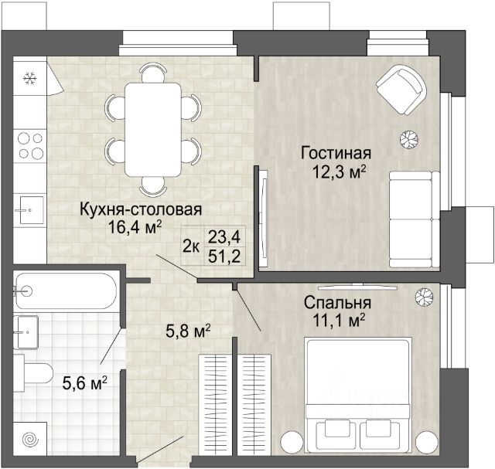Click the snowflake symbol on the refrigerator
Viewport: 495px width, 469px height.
coord(30,78)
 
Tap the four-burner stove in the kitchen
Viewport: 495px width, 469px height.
coord(30,146)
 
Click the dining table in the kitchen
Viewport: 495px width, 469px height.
coord(153,129)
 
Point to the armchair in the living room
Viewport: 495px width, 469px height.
coord(401,90)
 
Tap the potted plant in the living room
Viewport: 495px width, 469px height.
coord(409,139)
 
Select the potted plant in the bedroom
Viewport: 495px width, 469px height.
coord(424,297)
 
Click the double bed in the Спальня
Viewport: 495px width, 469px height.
coord(358,396)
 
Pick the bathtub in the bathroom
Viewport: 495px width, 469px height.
coord(66,291)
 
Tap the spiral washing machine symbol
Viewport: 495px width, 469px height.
coord(31,439)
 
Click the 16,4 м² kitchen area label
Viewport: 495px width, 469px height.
coord(135,226)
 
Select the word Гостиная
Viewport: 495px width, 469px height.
coord(336,153)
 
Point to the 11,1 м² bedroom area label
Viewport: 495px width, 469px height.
coord(339,321)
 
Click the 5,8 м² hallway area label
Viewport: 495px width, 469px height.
coord(188,331)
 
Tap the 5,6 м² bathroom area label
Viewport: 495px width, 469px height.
coord(85,383)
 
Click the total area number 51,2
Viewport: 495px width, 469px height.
coord(224,257)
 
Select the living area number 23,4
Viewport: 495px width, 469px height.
coord(224,236)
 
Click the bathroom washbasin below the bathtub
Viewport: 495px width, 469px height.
coord(28,331)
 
